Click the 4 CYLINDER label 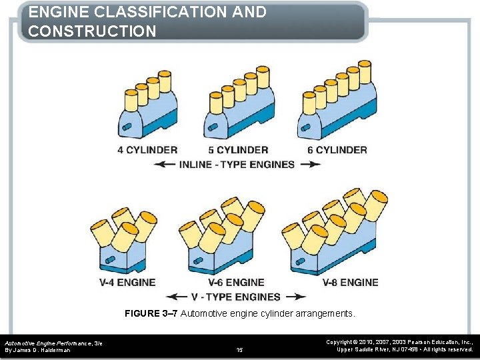pyautogui.click(x=147, y=150)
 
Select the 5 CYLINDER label pyautogui.click(x=238, y=150)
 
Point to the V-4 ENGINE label pyautogui.click(x=127, y=283)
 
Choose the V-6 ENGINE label pyautogui.click(x=236, y=283)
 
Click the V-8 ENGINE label pyautogui.click(x=350, y=283)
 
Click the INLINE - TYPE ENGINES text pyautogui.click(x=237, y=164)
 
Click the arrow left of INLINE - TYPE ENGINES pyautogui.click(x=164, y=165)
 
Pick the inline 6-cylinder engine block pyautogui.click(x=337, y=110)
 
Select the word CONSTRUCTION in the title pyautogui.click(x=93, y=31)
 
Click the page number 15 pyautogui.click(x=240, y=349)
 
